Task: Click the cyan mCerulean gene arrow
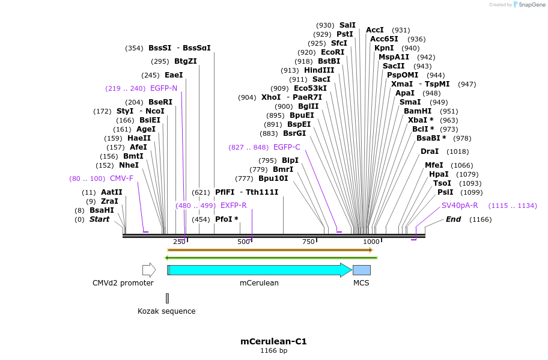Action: click(258, 270)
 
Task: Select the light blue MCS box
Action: click(361, 270)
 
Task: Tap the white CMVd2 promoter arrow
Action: click(148, 270)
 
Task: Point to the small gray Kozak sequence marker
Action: click(167, 298)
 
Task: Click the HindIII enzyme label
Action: click(319, 70)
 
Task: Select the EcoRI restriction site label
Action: click(333, 52)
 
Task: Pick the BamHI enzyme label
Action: click(418, 111)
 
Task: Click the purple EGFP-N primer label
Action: click(163, 88)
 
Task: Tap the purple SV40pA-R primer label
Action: click(460, 206)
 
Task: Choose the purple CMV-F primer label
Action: click(121, 178)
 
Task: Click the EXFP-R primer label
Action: click(233, 206)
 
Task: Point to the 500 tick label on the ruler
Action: click(243, 242)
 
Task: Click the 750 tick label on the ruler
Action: click(308, 242)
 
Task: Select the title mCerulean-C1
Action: click(273, 341)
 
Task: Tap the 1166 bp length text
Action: click(273, 350)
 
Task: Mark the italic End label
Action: click(453, 219)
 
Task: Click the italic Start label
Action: click(100, 219)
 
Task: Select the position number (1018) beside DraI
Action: click(458, 151)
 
